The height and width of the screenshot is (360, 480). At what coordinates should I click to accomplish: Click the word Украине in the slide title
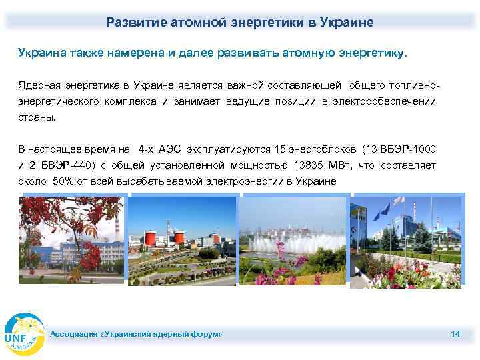(348, 22)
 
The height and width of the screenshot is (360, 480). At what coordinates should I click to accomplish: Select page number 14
(455, 333)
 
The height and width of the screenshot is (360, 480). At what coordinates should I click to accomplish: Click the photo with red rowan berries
(72, 240)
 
